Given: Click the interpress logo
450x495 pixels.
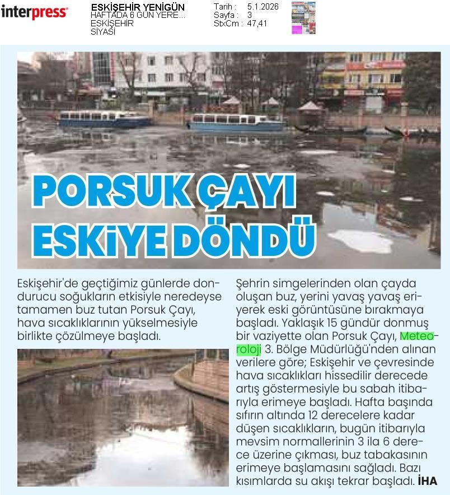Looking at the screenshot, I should point(35,12).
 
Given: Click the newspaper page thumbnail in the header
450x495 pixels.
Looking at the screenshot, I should point(303,18).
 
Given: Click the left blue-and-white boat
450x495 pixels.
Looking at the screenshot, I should point(105,118).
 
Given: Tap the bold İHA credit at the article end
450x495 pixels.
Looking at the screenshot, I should point(427,480).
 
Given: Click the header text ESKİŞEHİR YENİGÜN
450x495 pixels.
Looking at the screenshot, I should point(137,7).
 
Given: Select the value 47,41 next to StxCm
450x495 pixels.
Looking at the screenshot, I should point(257,24).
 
